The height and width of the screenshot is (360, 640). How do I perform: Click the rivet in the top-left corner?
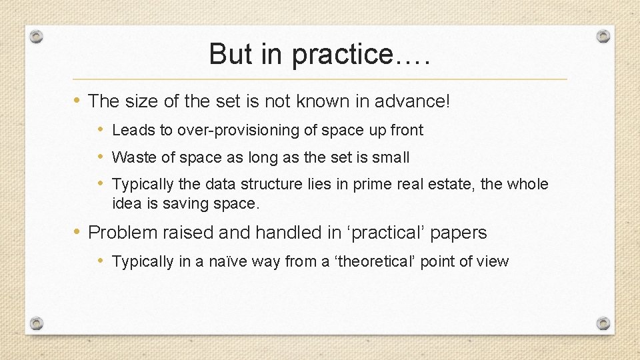[37, 36]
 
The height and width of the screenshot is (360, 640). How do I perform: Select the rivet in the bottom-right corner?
[603, 323]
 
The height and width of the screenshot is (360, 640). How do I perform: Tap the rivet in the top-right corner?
[603, 36]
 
